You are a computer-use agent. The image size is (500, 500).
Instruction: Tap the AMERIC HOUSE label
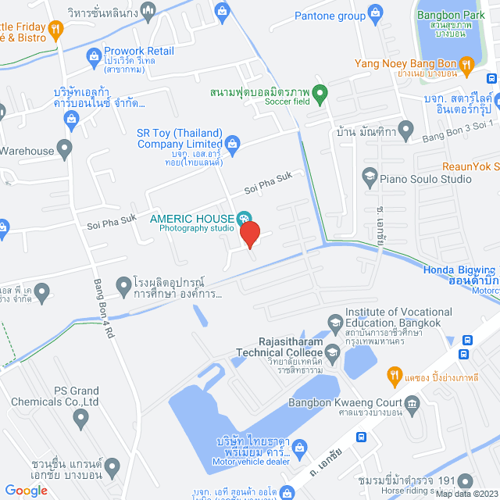tap(191, 219)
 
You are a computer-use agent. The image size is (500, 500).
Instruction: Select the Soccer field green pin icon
tap(319, 92)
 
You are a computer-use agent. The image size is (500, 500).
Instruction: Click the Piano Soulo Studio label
tap(426, 178)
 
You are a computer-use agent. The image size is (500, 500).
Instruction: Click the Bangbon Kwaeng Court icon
tap(413, 402)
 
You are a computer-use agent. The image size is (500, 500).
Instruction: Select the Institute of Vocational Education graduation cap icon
tap(334, 320)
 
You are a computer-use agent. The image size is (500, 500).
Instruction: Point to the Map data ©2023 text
tap(466, 494)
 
